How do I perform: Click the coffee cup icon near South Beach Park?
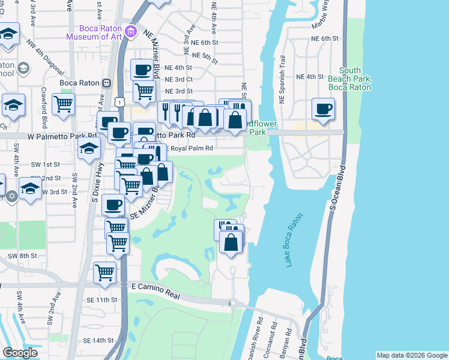[x=323, y=109]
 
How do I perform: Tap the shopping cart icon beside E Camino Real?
[x=105, y=272]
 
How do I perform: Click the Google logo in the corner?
[x=20, y=353]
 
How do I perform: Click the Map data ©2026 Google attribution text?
[x=411, y=355]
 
